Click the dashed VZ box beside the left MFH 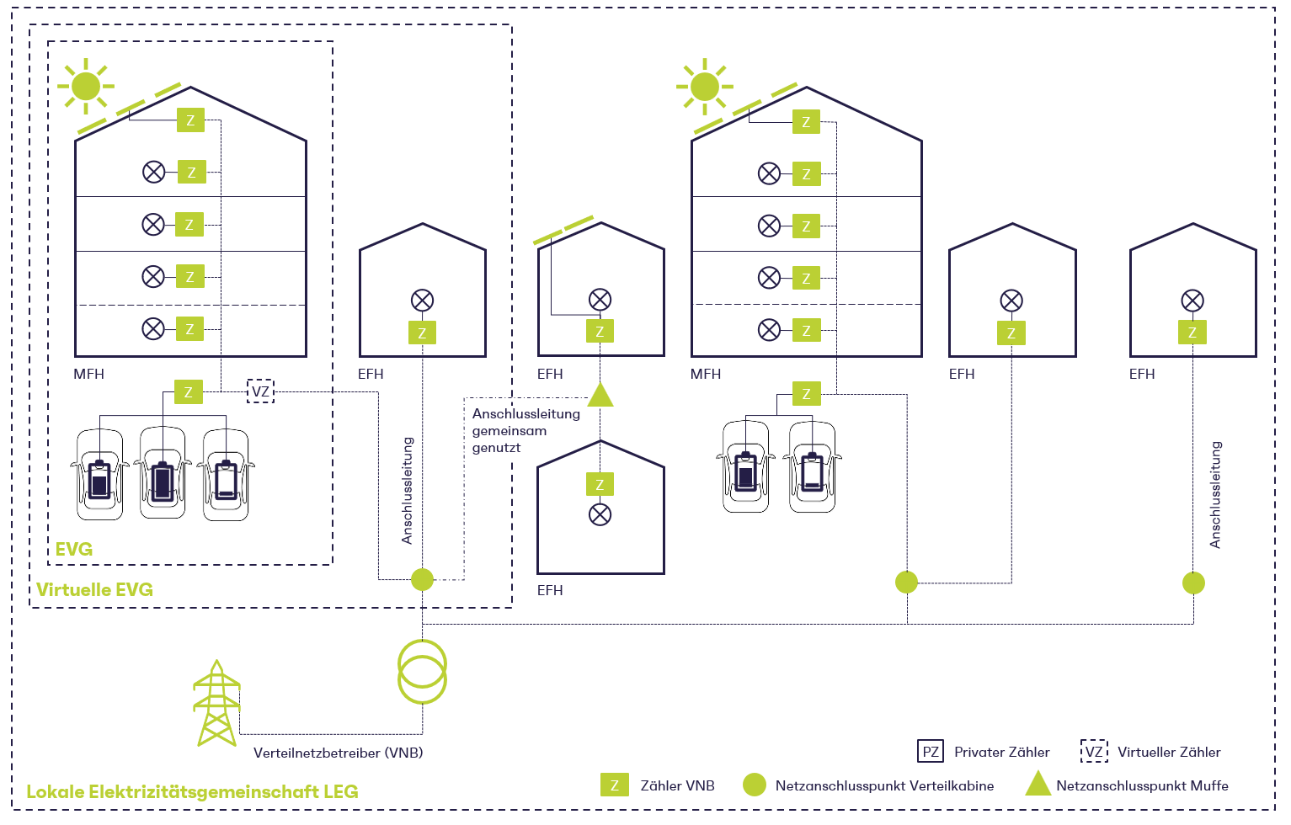coord(260,391)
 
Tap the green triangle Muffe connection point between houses coord(600,395)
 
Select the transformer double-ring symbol coord(422,671)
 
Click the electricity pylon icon coord(216,704)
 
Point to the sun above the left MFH coord(86,86)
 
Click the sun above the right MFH coord(704,86)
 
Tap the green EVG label coord(74,549)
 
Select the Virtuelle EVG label coord(94,589)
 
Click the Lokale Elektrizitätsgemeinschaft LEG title coord(192,791)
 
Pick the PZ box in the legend coord(930,752)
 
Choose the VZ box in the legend coord(1094,752)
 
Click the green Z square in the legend coord(615,785)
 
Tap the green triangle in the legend coord(1038,785)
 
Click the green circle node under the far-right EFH coord(1193,583)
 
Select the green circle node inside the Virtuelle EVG coord(422,579)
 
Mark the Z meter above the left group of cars coord(189,392)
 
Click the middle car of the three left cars coord(163,473)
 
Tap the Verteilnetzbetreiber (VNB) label coord(338,753)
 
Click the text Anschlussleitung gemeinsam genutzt coord(525,430)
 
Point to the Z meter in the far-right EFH coord(1192,333)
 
